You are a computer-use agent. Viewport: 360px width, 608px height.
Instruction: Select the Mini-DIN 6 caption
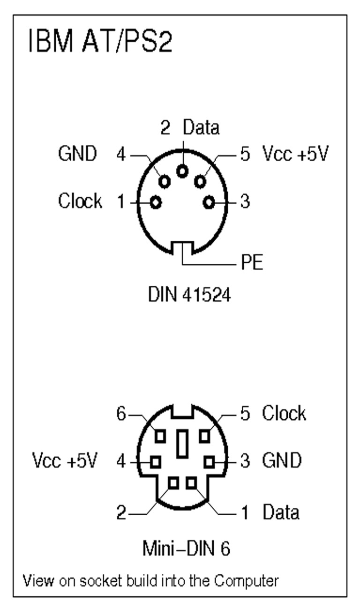(x=187, y=549)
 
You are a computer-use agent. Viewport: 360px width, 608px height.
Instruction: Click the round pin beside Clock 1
(x=156, y=202)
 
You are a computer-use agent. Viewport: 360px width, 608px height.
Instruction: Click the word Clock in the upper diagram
(x=80, y=201)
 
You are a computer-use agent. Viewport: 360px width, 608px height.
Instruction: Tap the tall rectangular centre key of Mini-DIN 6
(x=182, y=445)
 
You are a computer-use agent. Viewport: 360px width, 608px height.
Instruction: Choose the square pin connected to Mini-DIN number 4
(x=154, y=462)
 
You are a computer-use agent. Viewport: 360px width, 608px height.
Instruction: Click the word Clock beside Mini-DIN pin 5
(x=284, y=414)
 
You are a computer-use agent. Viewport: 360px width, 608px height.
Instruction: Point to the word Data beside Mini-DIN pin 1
(x=281, y=512)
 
